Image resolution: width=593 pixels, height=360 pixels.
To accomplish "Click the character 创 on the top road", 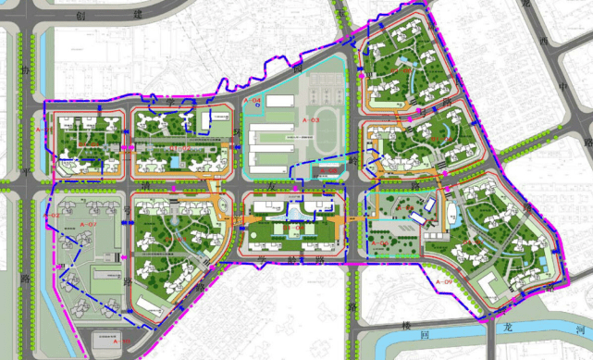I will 81,16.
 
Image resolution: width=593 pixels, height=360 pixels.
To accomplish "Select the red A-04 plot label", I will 252,100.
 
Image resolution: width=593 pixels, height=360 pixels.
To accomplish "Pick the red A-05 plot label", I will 327,171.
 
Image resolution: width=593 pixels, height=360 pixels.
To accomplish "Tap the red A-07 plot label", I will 89,225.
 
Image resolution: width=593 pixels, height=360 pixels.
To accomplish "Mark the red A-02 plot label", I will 52,216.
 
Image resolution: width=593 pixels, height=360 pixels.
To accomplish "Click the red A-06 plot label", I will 379,243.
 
